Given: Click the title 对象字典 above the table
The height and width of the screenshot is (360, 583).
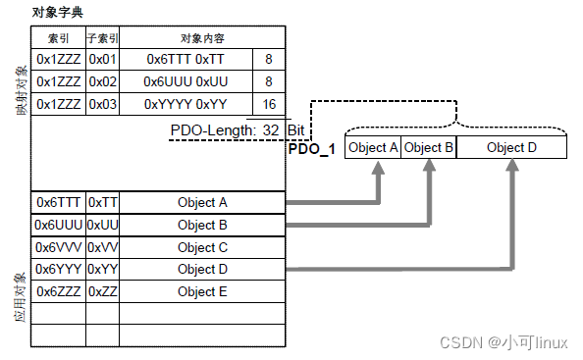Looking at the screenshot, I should click(58, 12).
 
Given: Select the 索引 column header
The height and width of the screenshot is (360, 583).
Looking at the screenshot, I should click(58, 38).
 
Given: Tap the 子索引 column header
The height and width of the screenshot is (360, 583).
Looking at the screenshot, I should click(102, 38).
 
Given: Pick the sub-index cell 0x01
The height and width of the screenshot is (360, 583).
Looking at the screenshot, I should click(102, 60).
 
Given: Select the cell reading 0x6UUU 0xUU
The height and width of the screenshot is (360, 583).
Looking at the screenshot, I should click(185, 82).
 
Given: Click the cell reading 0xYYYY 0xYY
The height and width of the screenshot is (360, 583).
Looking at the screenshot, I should click(185, 104).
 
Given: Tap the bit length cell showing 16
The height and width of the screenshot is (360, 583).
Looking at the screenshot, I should click(269, 104).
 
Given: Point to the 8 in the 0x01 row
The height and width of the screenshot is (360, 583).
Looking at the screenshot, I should click(269, 60).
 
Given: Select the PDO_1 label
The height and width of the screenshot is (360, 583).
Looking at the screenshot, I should click(312, 148).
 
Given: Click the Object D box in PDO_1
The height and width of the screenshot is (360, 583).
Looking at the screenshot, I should click(511, 148).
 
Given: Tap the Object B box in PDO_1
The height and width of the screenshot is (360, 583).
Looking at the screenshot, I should click(429, 148).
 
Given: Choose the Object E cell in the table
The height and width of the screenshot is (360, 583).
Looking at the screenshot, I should click(202, 291).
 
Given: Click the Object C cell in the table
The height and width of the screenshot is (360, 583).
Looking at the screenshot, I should click(202, 247).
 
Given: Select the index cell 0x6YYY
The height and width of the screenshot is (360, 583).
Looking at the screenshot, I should click(58, 269).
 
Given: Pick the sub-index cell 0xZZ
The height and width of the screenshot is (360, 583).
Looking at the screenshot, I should click(102, 291).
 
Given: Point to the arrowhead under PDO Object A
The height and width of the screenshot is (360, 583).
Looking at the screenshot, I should click(377, 168).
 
